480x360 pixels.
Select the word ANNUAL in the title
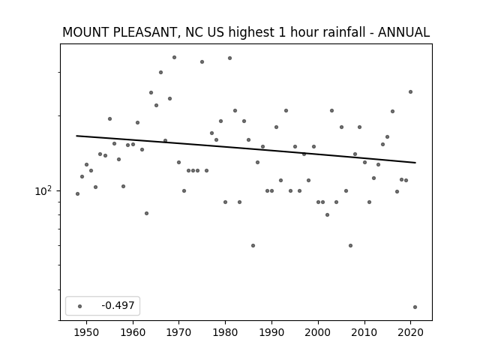coord(403,32)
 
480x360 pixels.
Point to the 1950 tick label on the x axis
coord(87,332)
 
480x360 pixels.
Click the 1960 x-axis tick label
coord(133,332)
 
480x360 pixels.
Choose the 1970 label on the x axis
coord(179,332)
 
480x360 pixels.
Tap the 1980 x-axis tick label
coord(225,332)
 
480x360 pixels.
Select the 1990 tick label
coord(271,332)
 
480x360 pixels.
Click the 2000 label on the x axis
coord(318,332)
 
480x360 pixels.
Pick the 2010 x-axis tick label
coord(364,332)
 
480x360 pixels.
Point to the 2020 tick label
coord(411,332)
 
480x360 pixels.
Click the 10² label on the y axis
coord(43,190)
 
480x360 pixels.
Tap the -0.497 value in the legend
coord(118,305)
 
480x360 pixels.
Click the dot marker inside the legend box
coord(80,306)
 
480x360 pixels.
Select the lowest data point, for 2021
coord(415,307)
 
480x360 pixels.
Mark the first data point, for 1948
coord(77,193)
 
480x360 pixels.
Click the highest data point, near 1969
coord(174,57)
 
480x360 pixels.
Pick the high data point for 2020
coord(410,91)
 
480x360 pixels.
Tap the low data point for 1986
coord(253,245)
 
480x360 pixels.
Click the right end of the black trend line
coord(415,163)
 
